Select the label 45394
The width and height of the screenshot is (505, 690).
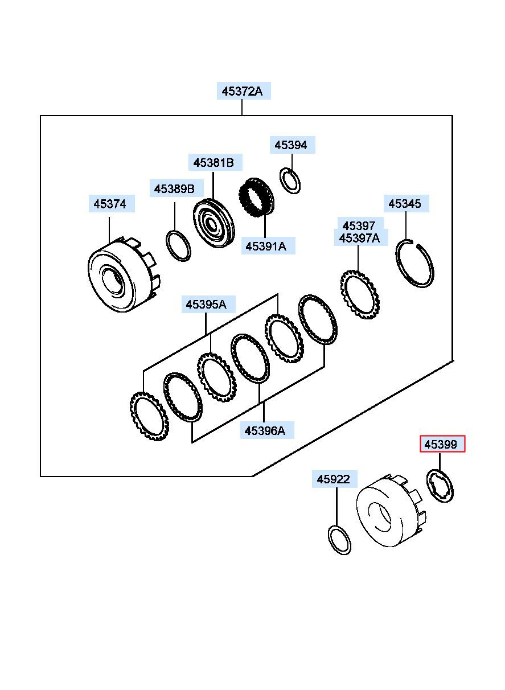(292, 145)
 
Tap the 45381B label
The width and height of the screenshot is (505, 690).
(215, 162)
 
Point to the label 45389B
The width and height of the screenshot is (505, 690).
(176, 188)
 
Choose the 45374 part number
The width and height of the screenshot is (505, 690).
(112, 204)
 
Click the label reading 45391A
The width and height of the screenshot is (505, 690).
(268, 246)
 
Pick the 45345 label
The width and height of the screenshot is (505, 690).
(406, 203)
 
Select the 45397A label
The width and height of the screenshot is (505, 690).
(361, 238)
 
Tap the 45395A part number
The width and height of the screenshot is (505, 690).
(208, 305)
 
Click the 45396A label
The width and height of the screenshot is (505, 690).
(267, 430)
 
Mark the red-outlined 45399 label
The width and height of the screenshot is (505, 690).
(442, 444)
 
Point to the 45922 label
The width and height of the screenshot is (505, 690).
(335, 479)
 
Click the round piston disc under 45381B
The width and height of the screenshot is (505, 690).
(214, 223)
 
